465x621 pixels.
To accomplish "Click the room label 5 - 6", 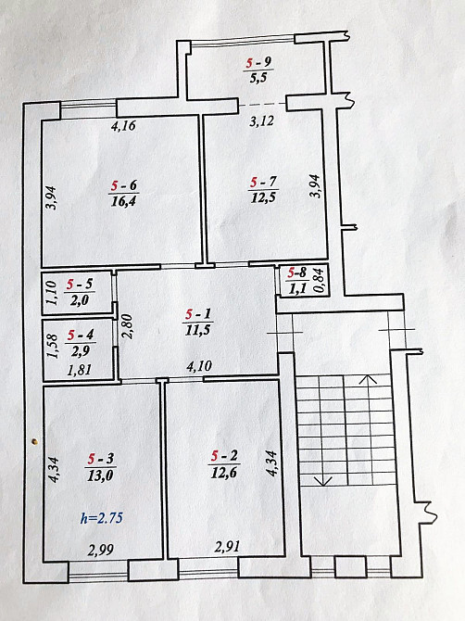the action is pos(124,185).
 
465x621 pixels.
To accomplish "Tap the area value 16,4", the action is pos(123,201).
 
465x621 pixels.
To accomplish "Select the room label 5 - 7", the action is pos(264,183).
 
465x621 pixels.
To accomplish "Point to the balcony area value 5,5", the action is pos(258,78).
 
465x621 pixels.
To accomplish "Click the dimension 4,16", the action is pos(123,126).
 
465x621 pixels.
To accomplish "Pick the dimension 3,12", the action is pos(261,121).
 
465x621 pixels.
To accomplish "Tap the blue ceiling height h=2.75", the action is pos(102,518).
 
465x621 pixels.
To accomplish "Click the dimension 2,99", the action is pos(101,550).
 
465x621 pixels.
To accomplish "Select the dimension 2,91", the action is pos(227,547).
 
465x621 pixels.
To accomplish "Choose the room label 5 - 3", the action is pos(101,459).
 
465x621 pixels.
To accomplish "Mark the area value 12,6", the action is pos(224,472).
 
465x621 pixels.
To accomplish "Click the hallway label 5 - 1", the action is pos(198,314).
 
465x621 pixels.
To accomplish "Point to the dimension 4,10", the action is pos(199,366).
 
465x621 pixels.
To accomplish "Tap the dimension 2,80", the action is pos(129,326).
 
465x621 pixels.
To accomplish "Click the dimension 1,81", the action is pos(80,371).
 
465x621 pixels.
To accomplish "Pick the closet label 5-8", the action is pos(297,272).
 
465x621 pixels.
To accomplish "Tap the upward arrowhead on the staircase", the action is pos(369,379).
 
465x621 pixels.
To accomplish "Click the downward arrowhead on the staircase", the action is pos(323,481).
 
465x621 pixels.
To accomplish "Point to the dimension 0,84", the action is pos(320,281).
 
